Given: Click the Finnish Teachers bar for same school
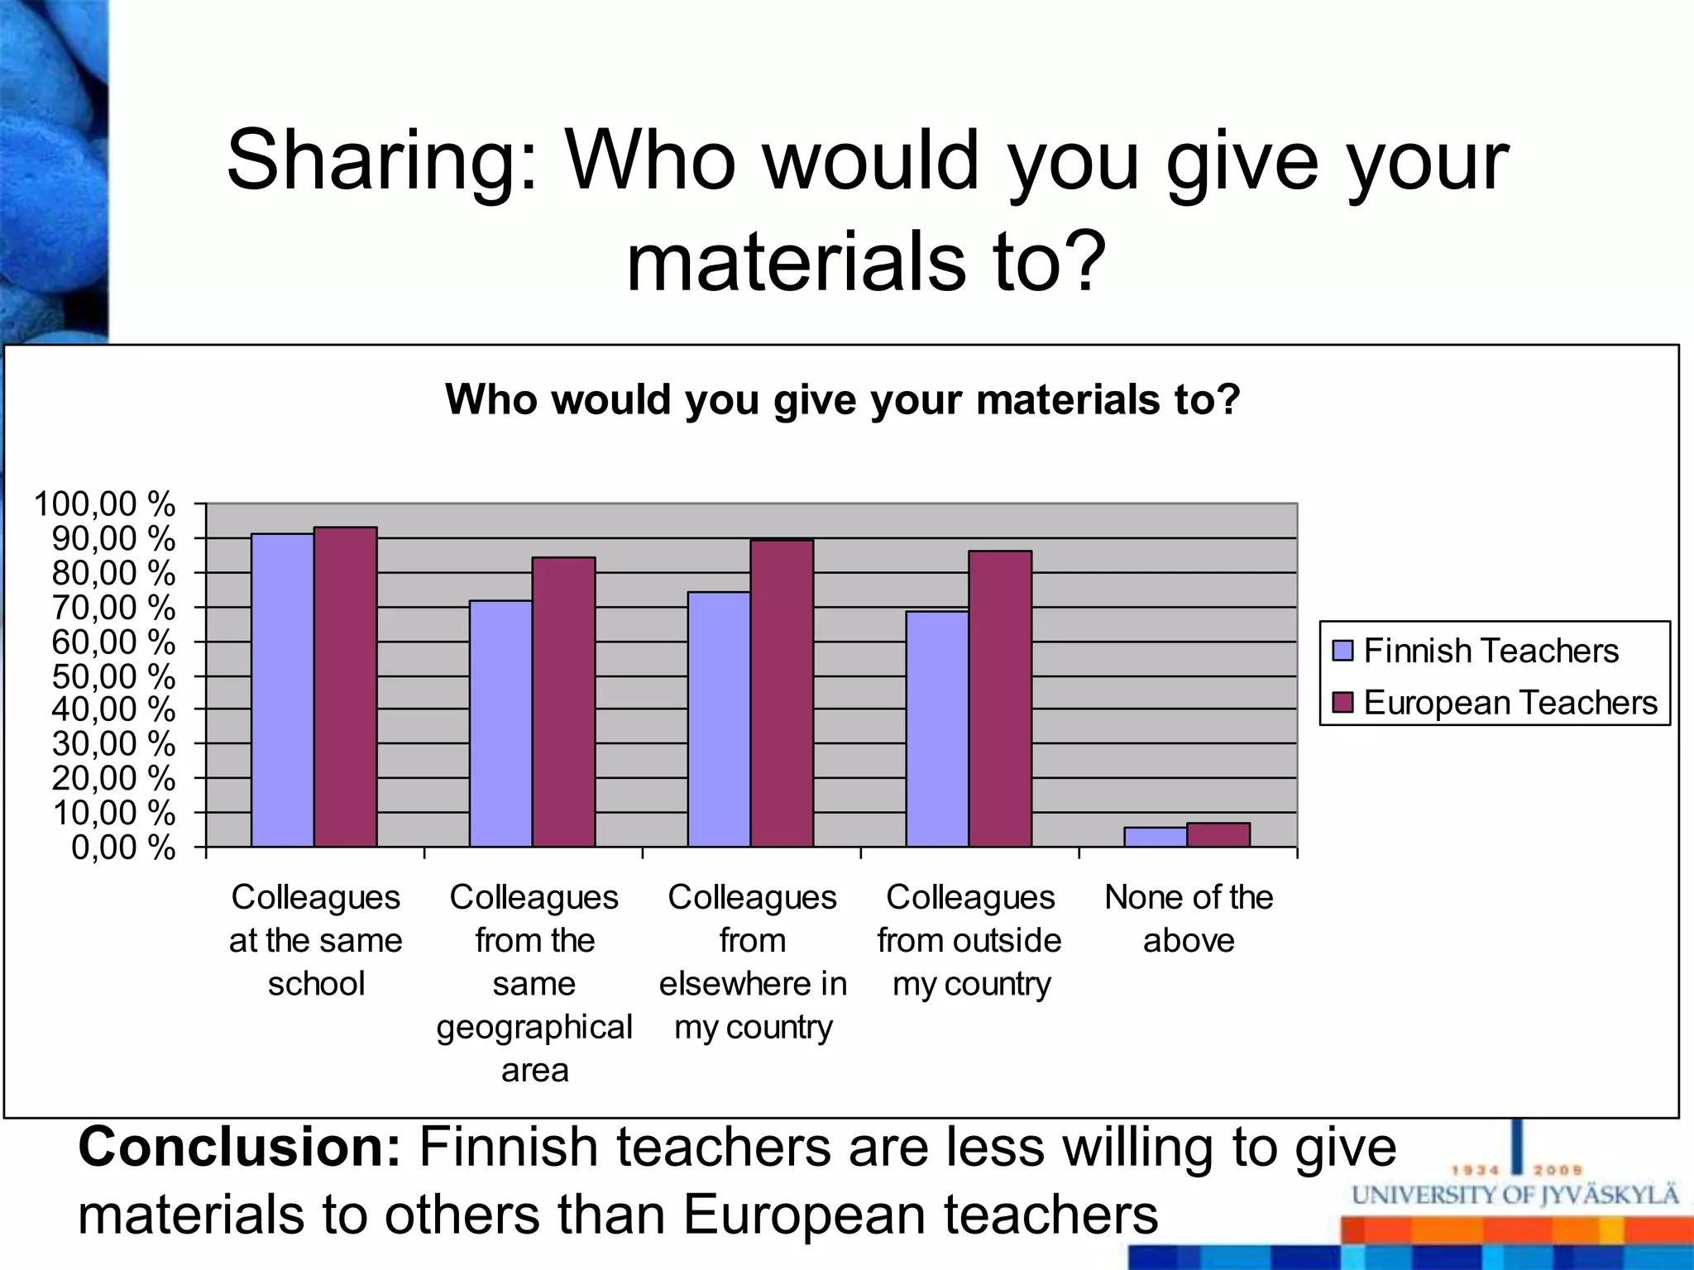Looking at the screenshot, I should (x=282, y=690).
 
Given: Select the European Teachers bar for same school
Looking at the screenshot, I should (x=345, y=687).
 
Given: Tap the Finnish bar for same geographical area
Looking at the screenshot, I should (x=500, y=723).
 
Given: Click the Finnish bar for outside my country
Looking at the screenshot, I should (x=937, y=728).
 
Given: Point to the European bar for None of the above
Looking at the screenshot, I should (x=1218, y=834).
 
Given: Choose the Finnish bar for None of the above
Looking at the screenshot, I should (x=1155, y=837).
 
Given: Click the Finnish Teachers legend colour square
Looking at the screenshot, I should (x=1342, y=651).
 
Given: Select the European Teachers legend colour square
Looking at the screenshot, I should (x=1342, y=703).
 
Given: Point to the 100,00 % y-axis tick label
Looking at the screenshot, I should (x=104, y=504).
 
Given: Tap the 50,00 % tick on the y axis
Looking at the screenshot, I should (x=113, y=676).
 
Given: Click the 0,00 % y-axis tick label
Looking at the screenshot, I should (x=123, y=847).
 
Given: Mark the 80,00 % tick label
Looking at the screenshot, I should (x=113, y=573).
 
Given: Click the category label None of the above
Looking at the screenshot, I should (x=1189, y=919).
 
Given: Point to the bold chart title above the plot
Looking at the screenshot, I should (x=843, y=399).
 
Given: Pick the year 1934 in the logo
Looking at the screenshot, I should (x=1476, y=1170).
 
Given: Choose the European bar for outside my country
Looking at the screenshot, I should (x=1000, y=699).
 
